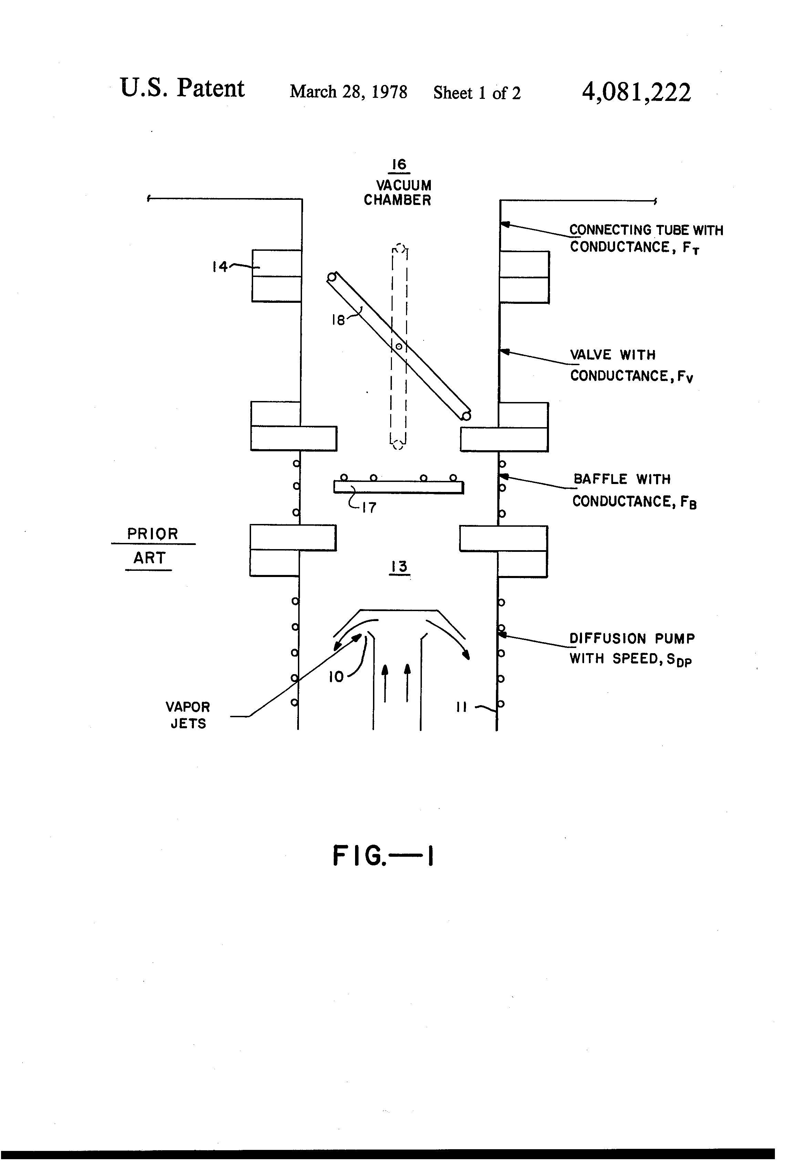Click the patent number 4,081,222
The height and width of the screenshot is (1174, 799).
click(x=636, y=92)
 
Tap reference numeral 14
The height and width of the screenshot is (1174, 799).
click(x=220, y=267)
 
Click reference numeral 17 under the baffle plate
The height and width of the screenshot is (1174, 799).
click(x=369, y=507)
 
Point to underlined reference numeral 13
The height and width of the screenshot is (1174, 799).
click(x=399, y=567)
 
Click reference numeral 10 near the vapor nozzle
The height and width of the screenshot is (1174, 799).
click(x=336, y=677)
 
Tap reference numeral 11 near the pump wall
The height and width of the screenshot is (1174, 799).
click(x=461, y=707)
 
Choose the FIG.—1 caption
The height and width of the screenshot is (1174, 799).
click(x=383, y=856)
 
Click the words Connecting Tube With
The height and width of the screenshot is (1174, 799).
click(x=646, y=230)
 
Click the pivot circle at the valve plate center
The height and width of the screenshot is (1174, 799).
click(x=398, y=347)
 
